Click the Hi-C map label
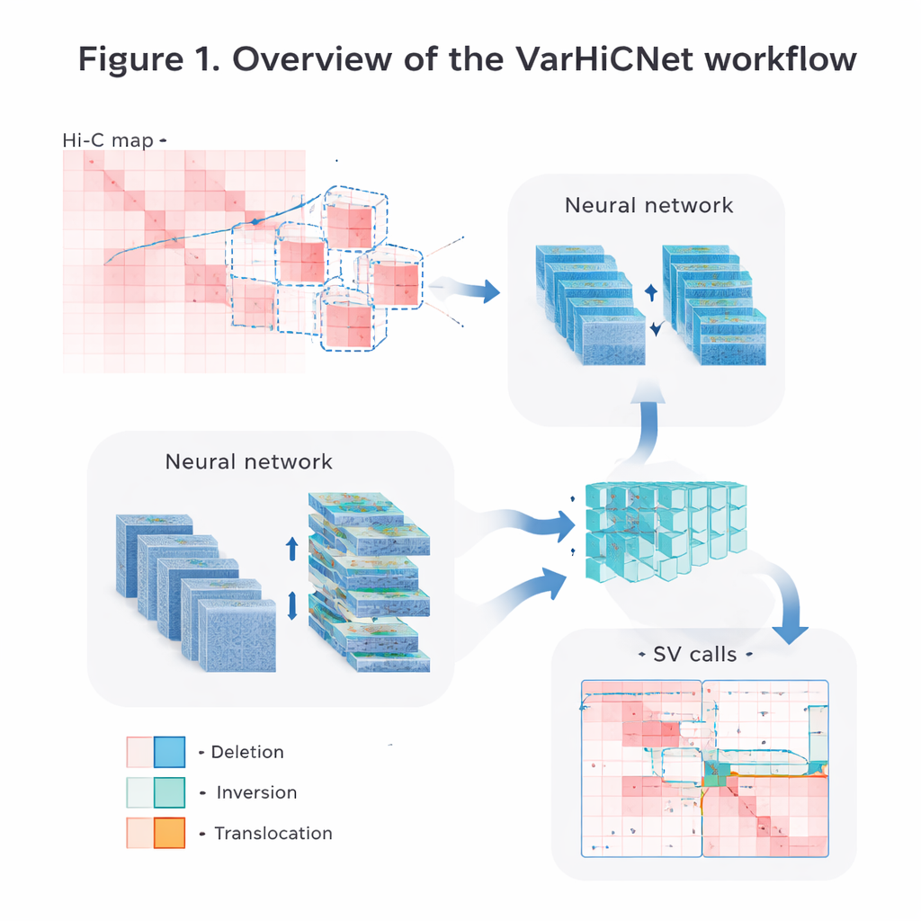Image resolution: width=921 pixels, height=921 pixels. [109, 141]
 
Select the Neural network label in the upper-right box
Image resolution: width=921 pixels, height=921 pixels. [648, 205]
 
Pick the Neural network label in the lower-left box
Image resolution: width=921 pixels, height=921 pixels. [249, 462]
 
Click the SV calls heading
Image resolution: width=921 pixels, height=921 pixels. [694, 654]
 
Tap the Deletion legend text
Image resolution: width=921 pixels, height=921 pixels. [247, 752]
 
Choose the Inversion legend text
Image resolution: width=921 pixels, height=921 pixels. [256, 792]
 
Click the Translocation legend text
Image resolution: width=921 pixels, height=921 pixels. [273, 834]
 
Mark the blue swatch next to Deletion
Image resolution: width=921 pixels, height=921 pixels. [169, 752]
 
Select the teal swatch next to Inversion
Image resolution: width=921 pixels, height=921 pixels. [169, 792]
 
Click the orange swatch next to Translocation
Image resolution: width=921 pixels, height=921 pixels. [169, 834]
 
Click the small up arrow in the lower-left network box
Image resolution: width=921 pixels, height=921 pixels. [291, 549]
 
